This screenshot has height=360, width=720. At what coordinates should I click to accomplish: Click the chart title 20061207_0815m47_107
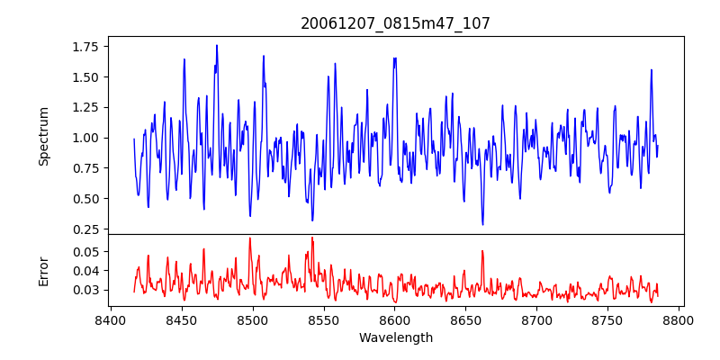pyautogui.click(x=395, y=23)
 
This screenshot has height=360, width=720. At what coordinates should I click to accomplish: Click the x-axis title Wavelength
pyautogui.click(x=395, y=338)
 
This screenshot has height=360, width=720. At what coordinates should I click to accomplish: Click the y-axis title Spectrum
pyautogui.click(x=44, y=136)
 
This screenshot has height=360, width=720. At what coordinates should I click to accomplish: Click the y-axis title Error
pyautogui.click(x=44, y=270)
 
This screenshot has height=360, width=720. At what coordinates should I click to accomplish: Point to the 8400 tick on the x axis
pyautogui.click(x=110, y=319)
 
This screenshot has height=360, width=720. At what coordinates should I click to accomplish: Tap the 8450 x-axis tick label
pyautogui.click(x=181, y=319)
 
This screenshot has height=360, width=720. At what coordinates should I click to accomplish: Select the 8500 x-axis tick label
pyautogui.click(x=253, y=319)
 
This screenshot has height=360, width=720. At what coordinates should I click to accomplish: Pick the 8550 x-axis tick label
pyautogui.click(x=324, y=319)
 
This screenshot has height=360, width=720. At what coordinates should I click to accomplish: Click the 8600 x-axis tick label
pyautogui.click(x=395, y=319)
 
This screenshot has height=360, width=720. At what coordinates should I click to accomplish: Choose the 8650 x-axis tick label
pyautogui.click(x=466, y=319)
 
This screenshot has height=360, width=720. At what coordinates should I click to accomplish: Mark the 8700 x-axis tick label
pyautogui.click(x=537, y=319)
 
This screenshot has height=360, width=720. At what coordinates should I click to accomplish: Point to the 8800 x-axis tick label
pyautogui.click(x=679, y=319)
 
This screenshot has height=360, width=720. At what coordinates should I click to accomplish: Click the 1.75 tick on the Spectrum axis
pyautogui.click(x=85, y=46)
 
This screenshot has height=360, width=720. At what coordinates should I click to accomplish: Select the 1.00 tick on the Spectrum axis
pyautogui.click(x=85, y=138)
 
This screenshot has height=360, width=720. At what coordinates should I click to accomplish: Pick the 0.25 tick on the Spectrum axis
pyautogui.click(x=85, y=229)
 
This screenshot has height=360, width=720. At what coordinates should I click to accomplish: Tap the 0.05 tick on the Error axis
pyautogui.click(x=85, y=251)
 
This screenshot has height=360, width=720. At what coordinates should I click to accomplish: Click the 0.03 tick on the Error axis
pyautogui.click(x=85, y=290)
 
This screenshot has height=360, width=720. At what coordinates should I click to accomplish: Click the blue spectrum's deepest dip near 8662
pyautogui.click(x=482, y=224)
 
